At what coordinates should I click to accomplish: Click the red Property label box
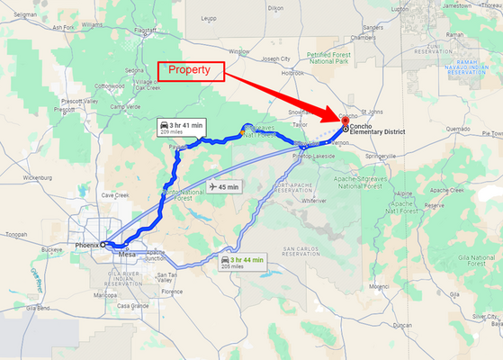(190, 69)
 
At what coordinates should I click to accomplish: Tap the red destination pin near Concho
(345, 120)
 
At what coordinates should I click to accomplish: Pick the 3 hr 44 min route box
(243, 262)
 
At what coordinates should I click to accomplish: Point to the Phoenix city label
(86, 244)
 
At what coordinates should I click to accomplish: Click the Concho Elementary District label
(378, 131)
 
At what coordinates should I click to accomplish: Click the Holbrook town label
(293, 73)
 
